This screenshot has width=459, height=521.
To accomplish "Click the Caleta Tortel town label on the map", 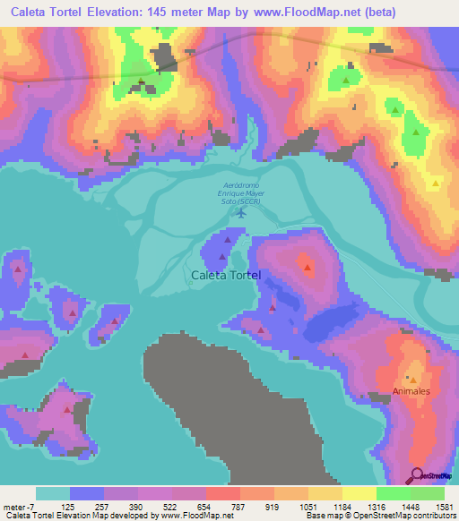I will coord(226,276).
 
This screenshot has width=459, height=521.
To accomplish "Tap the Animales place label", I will coord(411,392).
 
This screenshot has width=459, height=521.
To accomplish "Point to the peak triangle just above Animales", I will coord(413,378).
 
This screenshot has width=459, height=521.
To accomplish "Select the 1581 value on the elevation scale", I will coord(441,506).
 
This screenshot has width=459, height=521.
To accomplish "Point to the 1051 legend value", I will coord(306,506).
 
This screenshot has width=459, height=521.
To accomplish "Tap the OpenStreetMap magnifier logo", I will coord(417,474).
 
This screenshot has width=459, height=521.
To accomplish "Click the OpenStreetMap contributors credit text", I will coord(408,517).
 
